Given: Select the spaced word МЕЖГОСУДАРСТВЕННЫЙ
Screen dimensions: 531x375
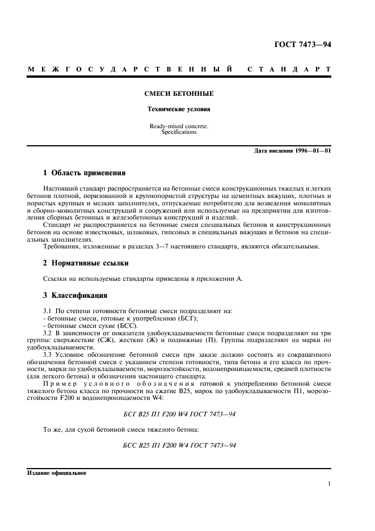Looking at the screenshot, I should [x=130, y=69].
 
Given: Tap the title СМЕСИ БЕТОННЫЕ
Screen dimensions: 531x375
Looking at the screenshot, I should [x=179, y=93].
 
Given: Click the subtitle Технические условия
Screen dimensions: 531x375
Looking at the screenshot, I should [x=179, y=109].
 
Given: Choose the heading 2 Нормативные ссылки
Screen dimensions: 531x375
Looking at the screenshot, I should [x=86, y=263].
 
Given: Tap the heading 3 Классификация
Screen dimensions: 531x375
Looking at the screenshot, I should [x=75, y=296].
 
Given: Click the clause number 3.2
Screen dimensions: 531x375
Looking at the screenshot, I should [x=48, y=332].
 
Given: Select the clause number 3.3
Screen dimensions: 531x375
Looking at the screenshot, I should [x=48, y=353].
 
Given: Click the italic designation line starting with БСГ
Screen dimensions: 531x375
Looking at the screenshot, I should [x=179, y=414].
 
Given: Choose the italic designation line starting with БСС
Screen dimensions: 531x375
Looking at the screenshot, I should [x=179, y=444].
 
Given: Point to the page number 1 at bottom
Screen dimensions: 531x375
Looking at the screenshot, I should [x=329, y=484].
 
